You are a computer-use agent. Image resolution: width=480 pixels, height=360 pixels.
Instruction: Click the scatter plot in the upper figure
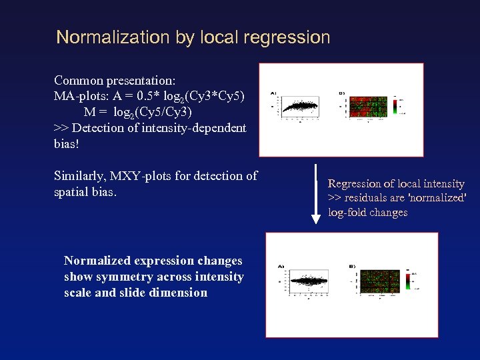point(300,105)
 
